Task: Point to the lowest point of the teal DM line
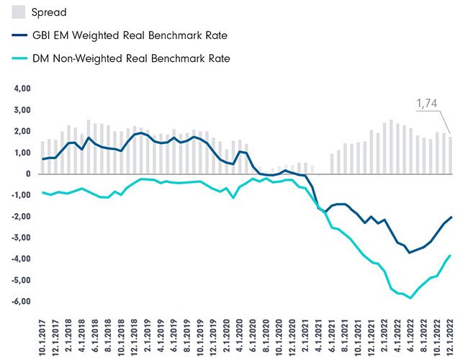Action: click(x=410, y=298)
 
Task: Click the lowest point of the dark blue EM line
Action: click(x=410, y=253)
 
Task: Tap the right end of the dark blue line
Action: click(x=451, y=217)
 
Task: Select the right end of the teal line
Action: click(x=451, y=255)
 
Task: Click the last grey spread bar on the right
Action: click(x=451, y=156)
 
